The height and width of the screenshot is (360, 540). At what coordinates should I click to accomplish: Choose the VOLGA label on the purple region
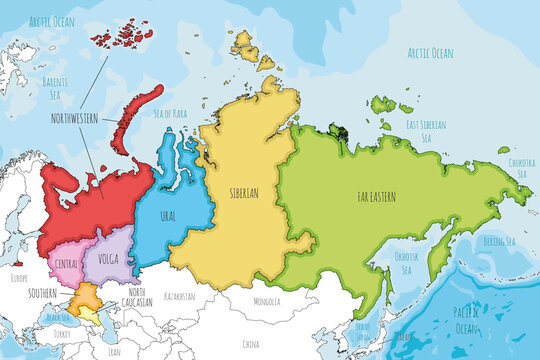pyautogui.click(x=110, y=258)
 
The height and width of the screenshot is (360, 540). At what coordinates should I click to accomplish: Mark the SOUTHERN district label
pyautogui.click(x=42, y=293)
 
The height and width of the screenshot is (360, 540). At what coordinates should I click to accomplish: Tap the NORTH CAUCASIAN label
pyautogui.click(x=136, y=297)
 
